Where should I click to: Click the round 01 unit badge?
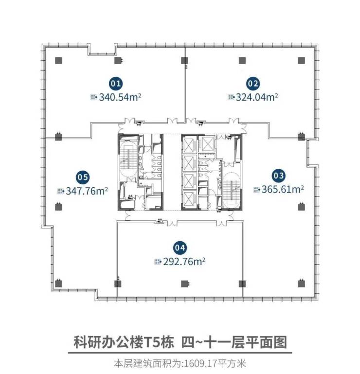tap(116, 83)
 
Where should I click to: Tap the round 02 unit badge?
tap(253, 83)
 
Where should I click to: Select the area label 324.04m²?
tap(256, 97)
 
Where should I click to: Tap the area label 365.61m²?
tap(283, 189)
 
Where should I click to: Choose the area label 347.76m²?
tap(87, 191)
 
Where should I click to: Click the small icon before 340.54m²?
tap(93, 97)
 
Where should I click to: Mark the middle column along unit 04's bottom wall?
tap(184, 284)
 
